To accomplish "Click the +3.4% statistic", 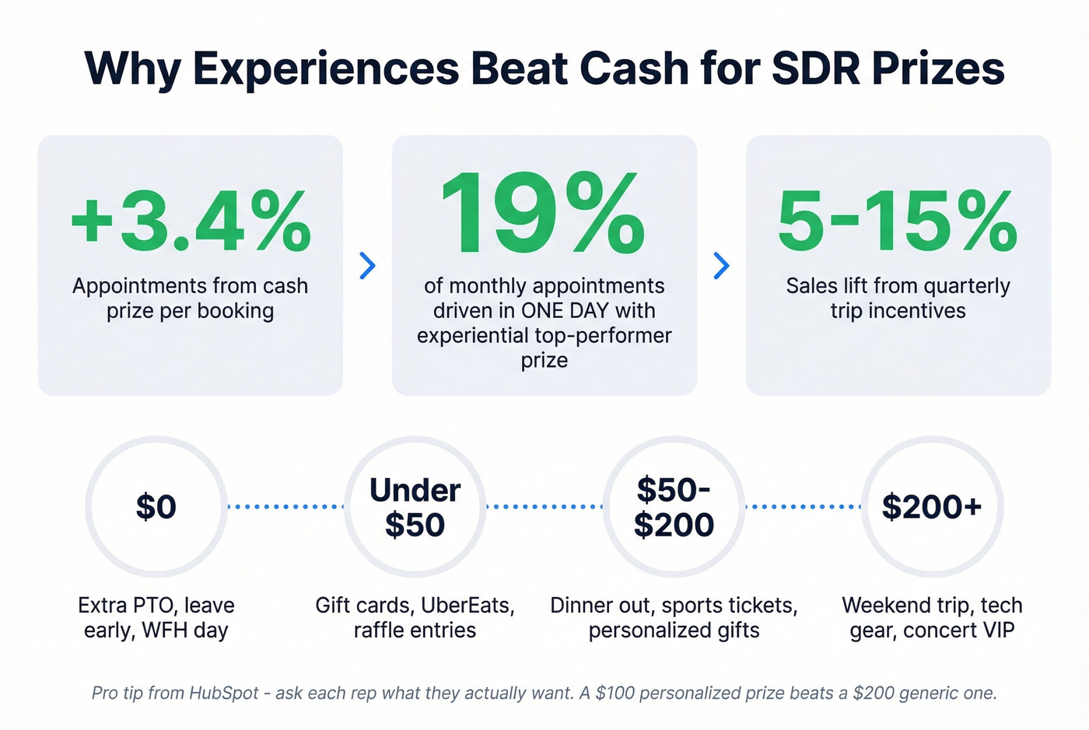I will pyautogui.click(x=191, y=222).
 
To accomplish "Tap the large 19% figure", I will pyautogui.click(x=543, y=215).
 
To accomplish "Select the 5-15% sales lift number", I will pyautogui.click(x=898, y=222).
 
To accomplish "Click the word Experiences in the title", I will pyautogui.click(x=326, y=68).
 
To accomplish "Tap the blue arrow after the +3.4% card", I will pyautogui.click(x=368, y=266).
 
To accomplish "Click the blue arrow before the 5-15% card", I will pyautogui.click(x=722, y=266).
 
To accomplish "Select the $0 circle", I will pyautogui.click(x=156, y=507).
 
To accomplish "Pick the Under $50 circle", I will pyautogui.click(x=415, y=507).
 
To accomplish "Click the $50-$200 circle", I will pyautogui.click(x=674, y=507).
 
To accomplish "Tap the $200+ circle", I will pyautogui.click(x=932, y=507).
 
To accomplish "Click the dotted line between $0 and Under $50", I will pyautogui.click(x=285, y=507).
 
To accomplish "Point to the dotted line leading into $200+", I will pyautogui.click(x=803, y=507).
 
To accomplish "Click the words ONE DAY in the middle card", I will pyautogui.click(x=566, y=311).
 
